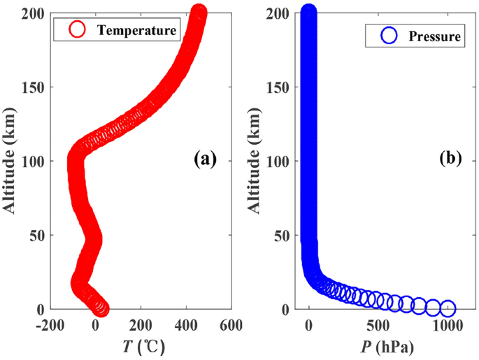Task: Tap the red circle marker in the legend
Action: pos(76,29)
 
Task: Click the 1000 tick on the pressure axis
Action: pos(448,326)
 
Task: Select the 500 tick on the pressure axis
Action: pos(378,326)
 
